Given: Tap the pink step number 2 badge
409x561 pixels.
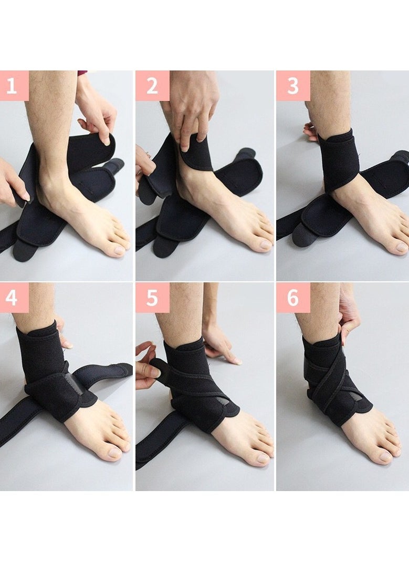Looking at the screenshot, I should pyautogui.click(x=152, y=86).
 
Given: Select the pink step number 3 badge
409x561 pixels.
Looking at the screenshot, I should pyautogui.click(x=293, y=86).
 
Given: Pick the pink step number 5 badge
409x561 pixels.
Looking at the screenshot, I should pyautogui.click(x=152, y=298).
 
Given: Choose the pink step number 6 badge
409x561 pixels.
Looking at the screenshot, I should pyautogui.click(x=293, y=298).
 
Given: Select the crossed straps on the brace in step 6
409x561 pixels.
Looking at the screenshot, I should pyautogui.click(x=328, y=379).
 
